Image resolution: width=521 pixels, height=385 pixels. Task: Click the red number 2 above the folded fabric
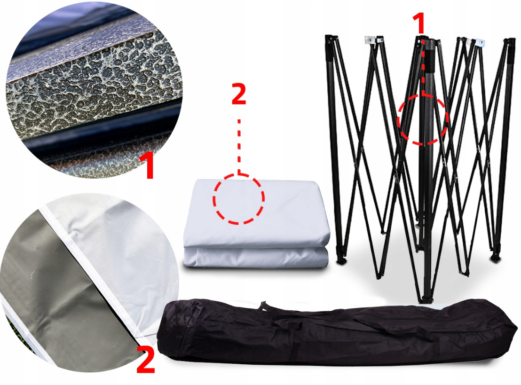coord(238,94)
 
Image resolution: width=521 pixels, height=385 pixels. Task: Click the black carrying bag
coord(337,332)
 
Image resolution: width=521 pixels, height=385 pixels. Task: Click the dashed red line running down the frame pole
coord(423,66)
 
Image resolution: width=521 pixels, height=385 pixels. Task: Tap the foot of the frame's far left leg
coord(341,260)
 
